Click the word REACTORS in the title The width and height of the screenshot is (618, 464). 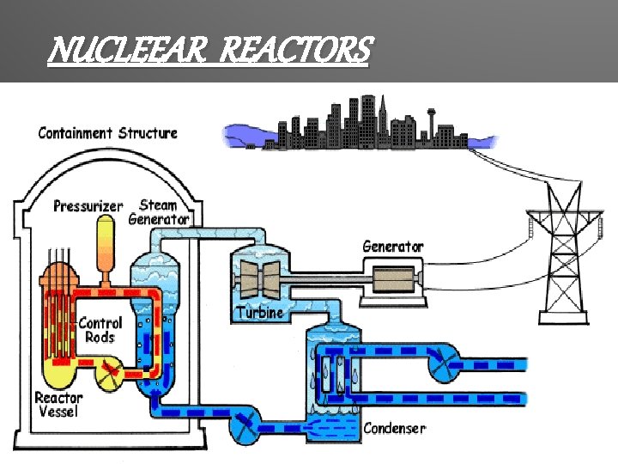tap(295, 51)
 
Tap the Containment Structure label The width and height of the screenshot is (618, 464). tap(108, 133)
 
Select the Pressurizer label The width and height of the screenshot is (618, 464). tap(88, 206)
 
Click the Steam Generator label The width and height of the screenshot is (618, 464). tap(159, 211)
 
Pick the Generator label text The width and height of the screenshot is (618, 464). tap(393, 246)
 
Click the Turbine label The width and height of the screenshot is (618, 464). tap(259, 313)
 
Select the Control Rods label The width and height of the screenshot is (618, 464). tap(100, 330)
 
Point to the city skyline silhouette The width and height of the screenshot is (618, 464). tap(360, 129)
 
